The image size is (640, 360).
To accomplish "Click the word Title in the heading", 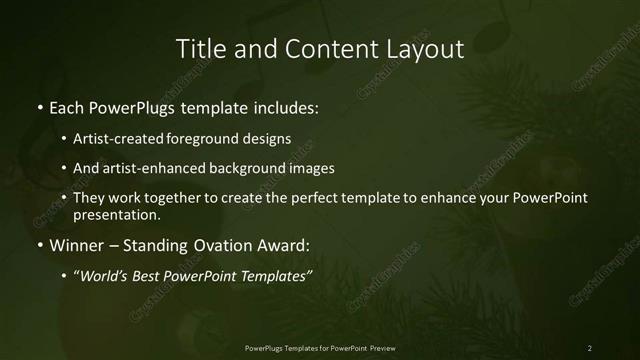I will tap(199, 48).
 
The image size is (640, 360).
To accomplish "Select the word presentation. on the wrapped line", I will tap(116, 214).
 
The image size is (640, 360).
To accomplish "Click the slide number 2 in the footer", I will tap(589, 347).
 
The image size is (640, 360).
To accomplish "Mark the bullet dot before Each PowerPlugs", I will tap(39, 107).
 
